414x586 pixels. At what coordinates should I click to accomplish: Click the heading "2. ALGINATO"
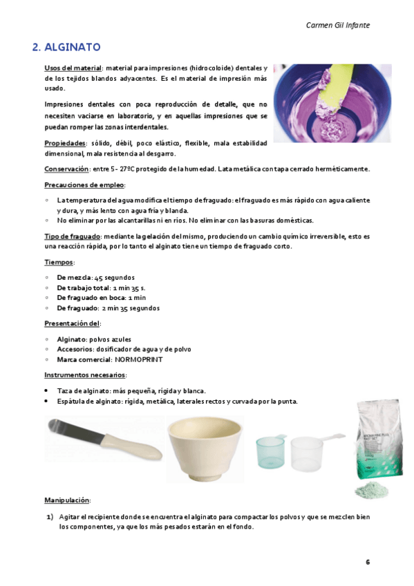tap(67, 48)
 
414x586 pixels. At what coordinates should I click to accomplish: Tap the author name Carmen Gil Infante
tap(337, 25)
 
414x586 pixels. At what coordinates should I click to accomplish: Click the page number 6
tap(368, 561)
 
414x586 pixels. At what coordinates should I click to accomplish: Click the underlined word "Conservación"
tap(66, 169)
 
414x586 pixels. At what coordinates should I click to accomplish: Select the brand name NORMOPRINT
tap(138, 359)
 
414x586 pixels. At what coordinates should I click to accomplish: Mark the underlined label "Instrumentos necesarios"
tap(84, 375)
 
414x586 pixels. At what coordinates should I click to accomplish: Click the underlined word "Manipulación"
tap(67, 500)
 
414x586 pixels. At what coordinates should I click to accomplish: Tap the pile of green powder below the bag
tap(371, 491)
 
